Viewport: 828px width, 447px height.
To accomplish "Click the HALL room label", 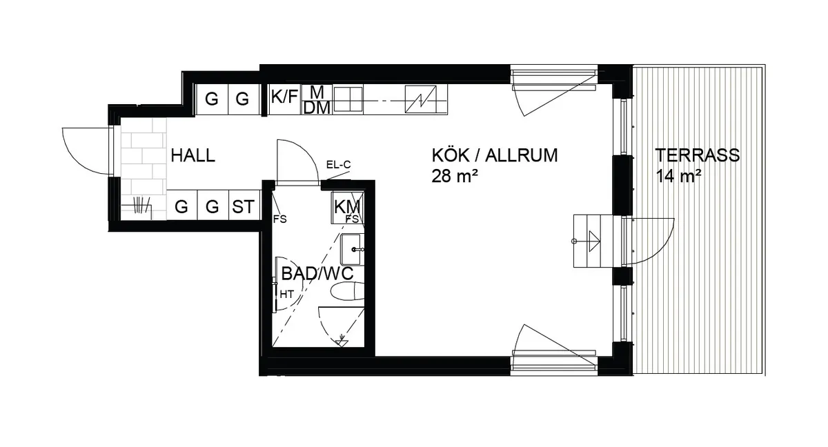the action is [193, 155].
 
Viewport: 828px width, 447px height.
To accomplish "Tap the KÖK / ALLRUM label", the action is [495, 155].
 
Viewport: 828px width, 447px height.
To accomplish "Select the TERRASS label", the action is [698, 155].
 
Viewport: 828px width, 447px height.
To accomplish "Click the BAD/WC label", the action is [317, 274].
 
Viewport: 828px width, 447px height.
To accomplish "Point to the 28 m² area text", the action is [454, 176].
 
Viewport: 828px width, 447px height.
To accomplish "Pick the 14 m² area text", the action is [678, 176].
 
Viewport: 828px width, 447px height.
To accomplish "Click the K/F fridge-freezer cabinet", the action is [284, 99].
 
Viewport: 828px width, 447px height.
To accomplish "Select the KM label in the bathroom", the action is [346, 207].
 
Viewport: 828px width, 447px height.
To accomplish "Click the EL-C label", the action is [338, 165].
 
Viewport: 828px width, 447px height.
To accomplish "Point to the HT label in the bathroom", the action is [286, 295].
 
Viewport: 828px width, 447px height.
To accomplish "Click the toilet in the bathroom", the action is [347, 290].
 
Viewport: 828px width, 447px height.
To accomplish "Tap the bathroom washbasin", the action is [351, 249].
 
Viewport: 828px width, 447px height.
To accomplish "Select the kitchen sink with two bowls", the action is [348, 99].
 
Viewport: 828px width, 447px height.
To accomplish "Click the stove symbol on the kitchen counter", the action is [421, 99].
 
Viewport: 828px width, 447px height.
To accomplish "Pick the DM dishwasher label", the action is [317, 108].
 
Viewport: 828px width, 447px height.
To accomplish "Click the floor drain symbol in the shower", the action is [341, 341].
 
